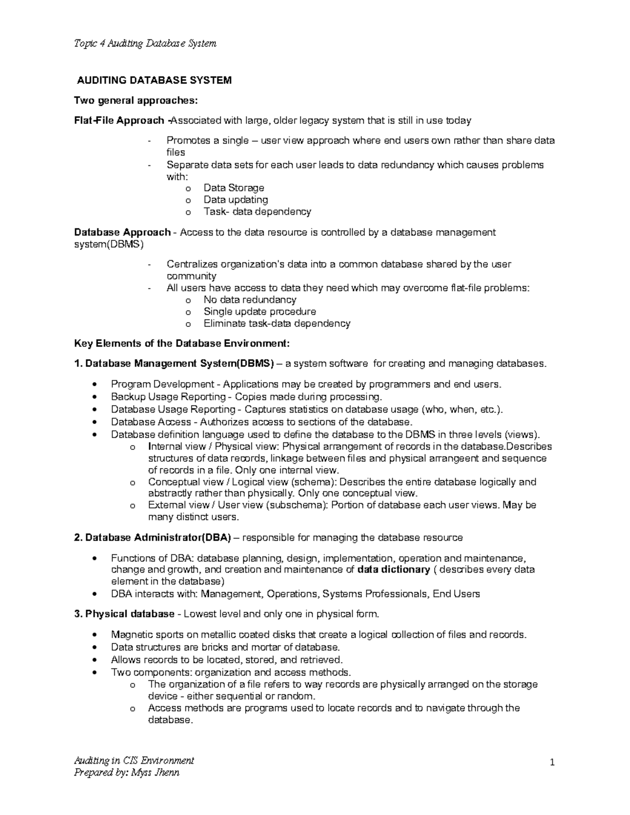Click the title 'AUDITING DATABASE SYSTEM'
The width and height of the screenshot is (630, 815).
point(154,80)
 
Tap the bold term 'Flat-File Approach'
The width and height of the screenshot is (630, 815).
point(119,121)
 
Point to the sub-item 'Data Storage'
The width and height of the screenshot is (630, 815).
point(234,188)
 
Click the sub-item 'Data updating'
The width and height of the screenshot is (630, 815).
point(236,200)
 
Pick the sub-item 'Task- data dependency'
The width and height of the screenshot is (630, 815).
point(257,212)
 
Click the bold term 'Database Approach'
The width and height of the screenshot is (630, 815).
point(122,232)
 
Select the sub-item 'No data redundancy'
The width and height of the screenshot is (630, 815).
point(250,300)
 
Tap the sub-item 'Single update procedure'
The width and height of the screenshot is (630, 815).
point(260,312)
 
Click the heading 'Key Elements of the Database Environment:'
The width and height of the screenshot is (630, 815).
point(182,344)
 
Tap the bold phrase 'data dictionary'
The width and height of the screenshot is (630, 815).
point(393,570)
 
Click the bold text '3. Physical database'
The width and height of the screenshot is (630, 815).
point(124,614)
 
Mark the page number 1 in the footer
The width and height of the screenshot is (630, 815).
point(552,763)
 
